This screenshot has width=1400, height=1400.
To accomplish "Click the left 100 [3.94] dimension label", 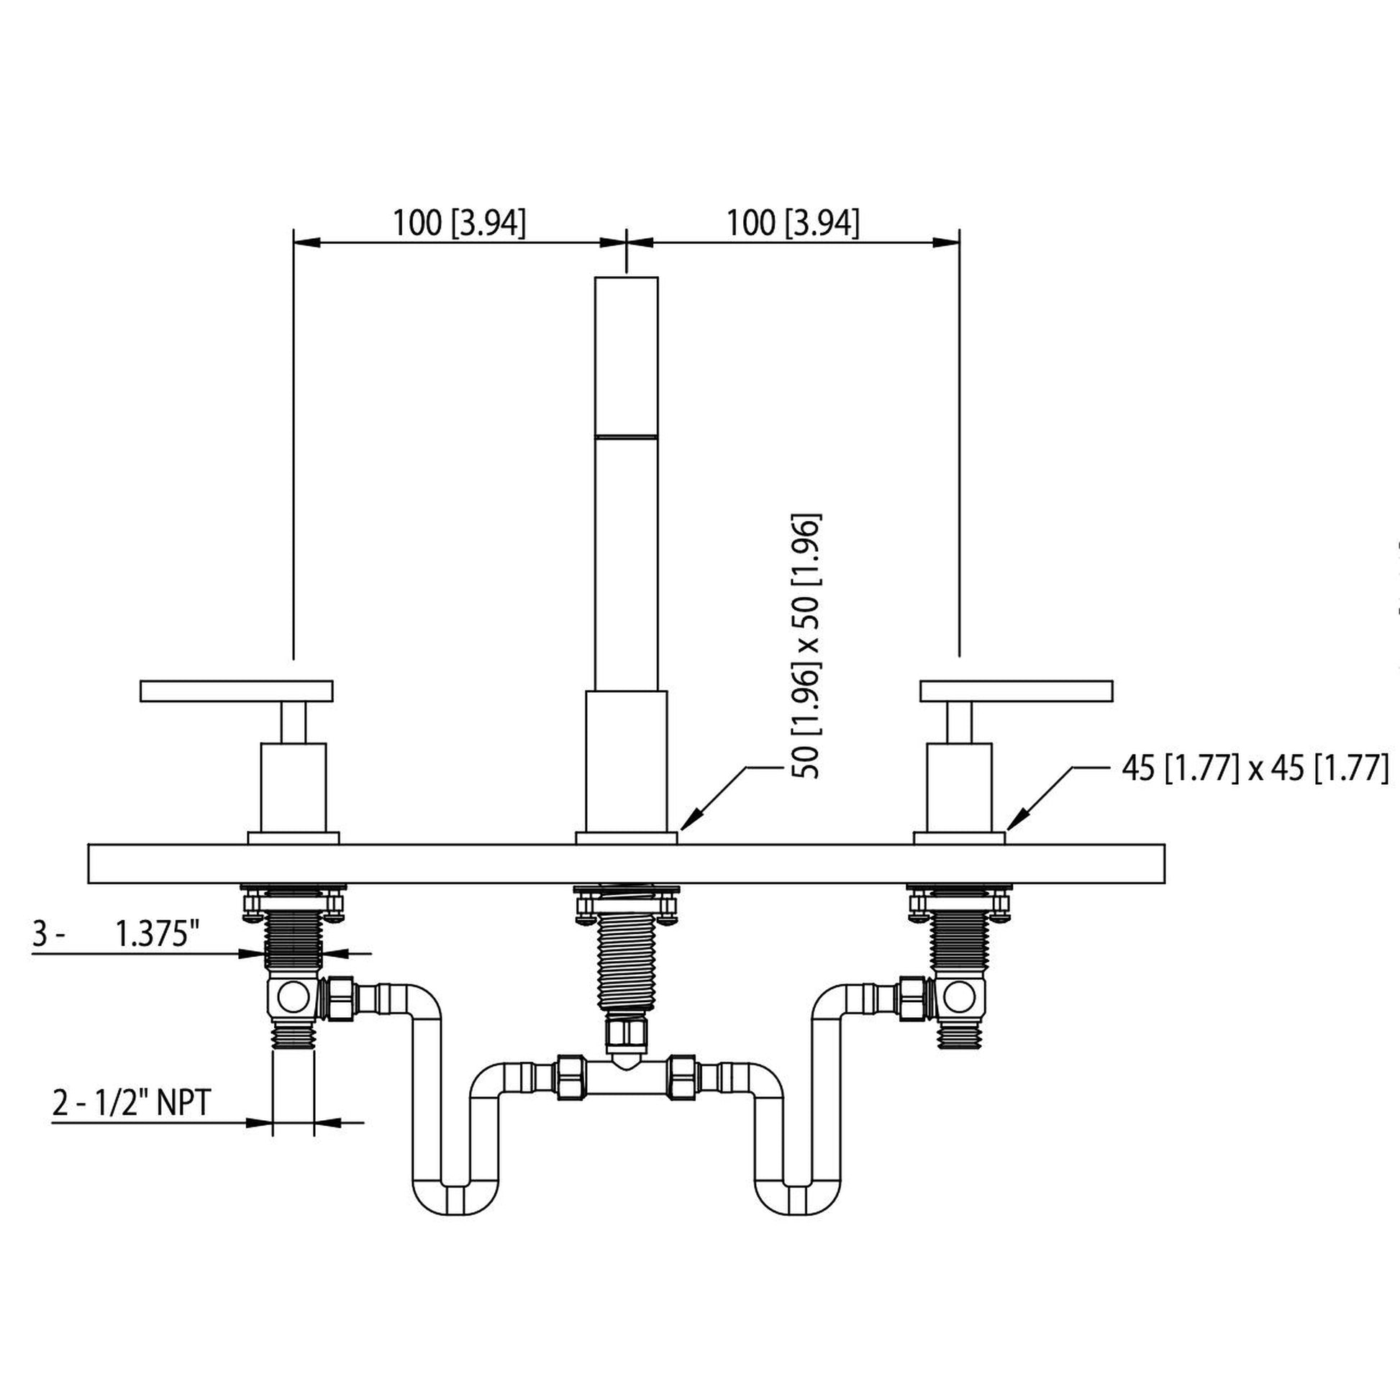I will click(x=459, y=222).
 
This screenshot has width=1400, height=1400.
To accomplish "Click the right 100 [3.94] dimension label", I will click(x=792, y=222).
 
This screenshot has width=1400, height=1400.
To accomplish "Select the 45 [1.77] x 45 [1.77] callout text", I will click(x=1255, y=768).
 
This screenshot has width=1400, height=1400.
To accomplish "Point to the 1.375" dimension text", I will click(x=158, y=934).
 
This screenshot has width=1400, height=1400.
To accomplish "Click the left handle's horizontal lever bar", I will click(x=236, y=691).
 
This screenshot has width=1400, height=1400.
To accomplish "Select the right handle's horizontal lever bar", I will click(x=1016, y=691).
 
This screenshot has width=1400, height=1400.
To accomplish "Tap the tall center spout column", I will click(x=626, y=482).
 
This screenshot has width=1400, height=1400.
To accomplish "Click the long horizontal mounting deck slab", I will click(x=626, y=864).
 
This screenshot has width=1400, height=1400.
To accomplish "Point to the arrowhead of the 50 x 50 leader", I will click(x=685, y=824).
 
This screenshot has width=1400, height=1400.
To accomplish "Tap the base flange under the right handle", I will click(x=959, y=838).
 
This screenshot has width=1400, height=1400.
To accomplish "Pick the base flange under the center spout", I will click(x=626, y=838).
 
